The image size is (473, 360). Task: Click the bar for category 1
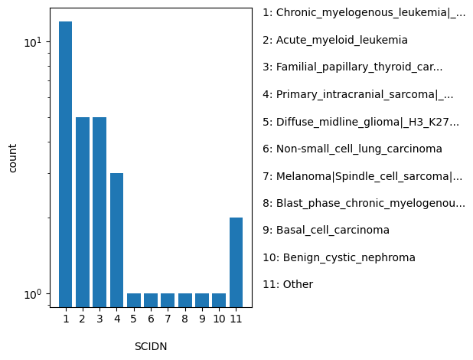click(x=66, y=164)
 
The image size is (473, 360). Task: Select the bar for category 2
click(x=83, y=212)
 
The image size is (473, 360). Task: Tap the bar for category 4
click(x=116, y=240)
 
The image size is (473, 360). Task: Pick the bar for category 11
click(x=236, y=262)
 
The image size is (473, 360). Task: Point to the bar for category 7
click(x=168, y=299)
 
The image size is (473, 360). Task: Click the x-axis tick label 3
click(x=99, y=319)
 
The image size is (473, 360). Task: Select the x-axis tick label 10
click(x=219, y=319)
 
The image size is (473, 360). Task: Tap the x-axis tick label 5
click(x=134, y=319)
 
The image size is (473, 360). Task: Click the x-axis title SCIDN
click(x=151, y=346)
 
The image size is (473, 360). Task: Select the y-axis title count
click(x=13, y=158)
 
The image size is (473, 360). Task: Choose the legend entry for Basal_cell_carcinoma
click(x=326, y=230)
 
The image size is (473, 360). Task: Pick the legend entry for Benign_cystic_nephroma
click(x=339, y=257)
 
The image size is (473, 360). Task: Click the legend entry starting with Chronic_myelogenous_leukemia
click(x=364, y=13)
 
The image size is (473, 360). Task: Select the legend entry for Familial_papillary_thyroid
click(x=352, y=67)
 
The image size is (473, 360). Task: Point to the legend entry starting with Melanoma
click(x=362, y=176)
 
